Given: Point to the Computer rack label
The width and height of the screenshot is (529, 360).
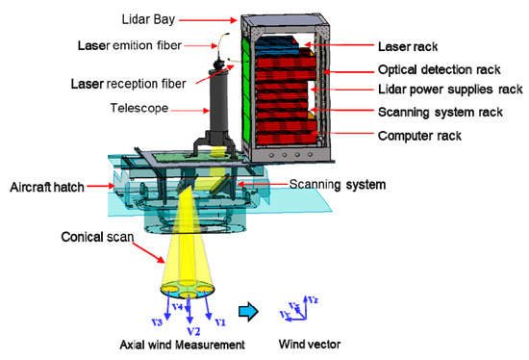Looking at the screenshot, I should click(416, 136).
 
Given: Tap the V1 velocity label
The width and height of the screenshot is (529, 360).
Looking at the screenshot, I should click(219, 321).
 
